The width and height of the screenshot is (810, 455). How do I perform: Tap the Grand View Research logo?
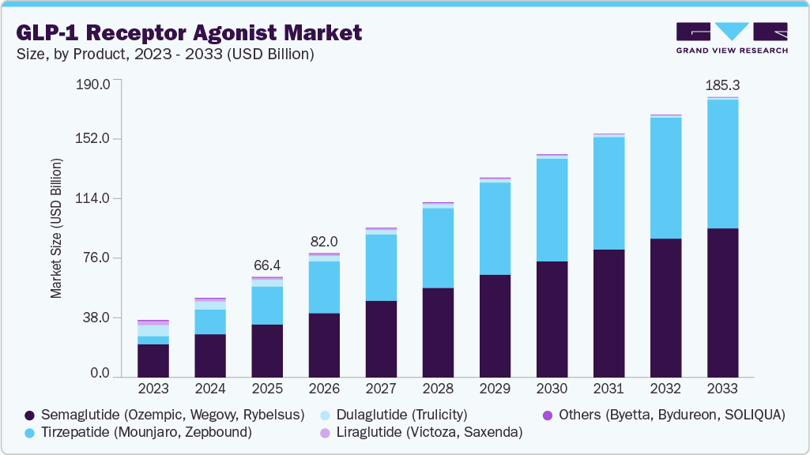tap(732, 38)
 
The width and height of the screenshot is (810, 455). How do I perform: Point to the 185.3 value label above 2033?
tap(722, 85)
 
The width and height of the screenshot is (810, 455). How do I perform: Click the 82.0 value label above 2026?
tap(324, 241)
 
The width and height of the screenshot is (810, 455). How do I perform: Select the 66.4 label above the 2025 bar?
tap(267, 265)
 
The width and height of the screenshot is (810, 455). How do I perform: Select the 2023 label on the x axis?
tap(153, 389)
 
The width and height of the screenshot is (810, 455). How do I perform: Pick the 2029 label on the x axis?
tap(495, 389)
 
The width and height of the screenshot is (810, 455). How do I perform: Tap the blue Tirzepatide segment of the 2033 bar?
tap(722, 164)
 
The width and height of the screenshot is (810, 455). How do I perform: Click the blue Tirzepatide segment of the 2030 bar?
tap(552, 209)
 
